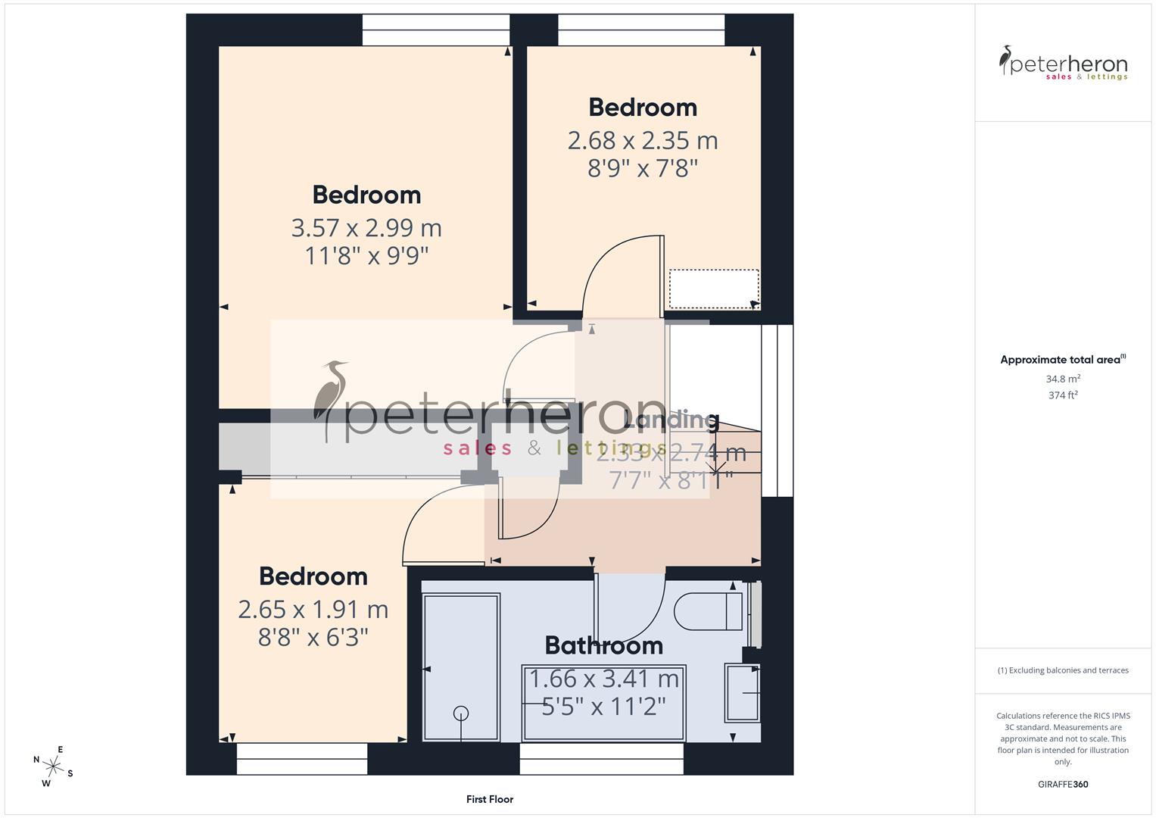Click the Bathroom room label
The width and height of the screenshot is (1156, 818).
(603, 645)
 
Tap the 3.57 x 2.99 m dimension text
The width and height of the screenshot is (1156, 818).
(366, 227)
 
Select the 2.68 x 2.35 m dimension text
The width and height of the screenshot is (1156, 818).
(643, 140)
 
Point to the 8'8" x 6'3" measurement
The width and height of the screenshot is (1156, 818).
(313, 638)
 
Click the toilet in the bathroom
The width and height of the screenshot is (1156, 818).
(708, 611)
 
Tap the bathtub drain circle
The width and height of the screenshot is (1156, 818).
(460, 713)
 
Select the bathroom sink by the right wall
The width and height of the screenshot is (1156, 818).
(742, 692)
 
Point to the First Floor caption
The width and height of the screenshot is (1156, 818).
(490, 799)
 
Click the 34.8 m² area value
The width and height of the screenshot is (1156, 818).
(1063, 379)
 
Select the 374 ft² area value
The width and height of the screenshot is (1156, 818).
(1063, 395)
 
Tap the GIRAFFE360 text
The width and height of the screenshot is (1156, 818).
(1063, 785)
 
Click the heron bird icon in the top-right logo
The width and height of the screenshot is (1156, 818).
(1005, 61)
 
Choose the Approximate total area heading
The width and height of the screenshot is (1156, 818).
(1062, 360)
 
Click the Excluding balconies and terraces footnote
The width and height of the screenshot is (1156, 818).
(1063, 670)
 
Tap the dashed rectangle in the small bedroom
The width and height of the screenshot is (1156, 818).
(713, 289)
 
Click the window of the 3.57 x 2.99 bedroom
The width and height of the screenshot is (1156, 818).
(436, 30)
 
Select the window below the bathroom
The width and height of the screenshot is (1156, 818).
(602, 759)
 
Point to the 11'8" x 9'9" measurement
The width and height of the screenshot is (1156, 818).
(366, 256)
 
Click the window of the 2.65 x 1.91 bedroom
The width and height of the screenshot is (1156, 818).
(302, 759)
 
